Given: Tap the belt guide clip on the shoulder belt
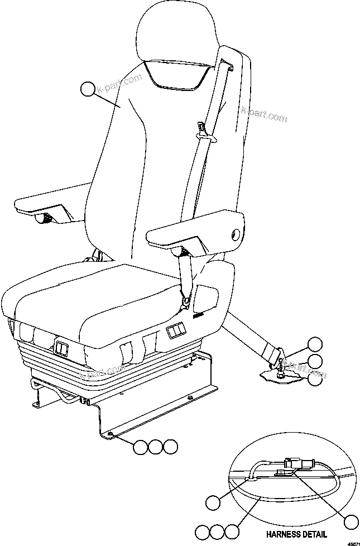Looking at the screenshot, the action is coord(205,132).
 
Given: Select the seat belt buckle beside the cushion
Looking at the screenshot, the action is coord(187,301).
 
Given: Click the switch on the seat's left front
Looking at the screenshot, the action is coord(61,351).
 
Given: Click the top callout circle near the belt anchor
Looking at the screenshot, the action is coord(315,344).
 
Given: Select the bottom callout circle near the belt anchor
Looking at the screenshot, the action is coord(315,379).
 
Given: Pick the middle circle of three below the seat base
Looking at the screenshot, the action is coord(156,446).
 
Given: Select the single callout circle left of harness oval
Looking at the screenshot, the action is coord(213,502).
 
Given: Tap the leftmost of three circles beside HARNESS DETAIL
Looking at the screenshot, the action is coord(203,531).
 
